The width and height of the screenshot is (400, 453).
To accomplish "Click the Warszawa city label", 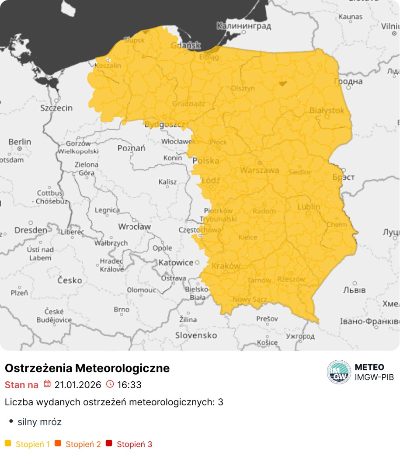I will point(260,170).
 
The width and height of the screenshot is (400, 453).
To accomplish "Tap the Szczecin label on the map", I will point(56,108).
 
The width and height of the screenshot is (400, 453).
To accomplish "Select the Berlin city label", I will point(20,142).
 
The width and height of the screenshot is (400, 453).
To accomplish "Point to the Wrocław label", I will point(134,226).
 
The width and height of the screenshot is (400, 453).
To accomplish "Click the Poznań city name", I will point(131,148).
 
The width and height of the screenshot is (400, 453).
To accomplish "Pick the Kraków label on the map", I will point(226,266).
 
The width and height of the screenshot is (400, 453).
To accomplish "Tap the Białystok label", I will point(327,111).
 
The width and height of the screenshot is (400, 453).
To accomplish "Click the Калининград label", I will point(244,26).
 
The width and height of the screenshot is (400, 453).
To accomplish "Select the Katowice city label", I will point(176,262).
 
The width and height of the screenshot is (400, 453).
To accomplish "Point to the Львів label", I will point(355,289).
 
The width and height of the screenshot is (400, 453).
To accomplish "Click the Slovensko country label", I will point(196,335).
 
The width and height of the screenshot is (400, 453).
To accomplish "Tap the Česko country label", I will point(70,280).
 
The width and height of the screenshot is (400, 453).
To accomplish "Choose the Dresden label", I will point(31,230).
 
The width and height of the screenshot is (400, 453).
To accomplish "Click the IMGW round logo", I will point(339,372).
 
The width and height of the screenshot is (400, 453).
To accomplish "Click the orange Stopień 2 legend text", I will point(83,444).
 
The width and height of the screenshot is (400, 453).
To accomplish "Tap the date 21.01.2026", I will point(78,385).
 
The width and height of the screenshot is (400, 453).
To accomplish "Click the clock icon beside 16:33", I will point(110,384).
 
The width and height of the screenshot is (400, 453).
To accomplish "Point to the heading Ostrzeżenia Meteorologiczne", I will point(87,368).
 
